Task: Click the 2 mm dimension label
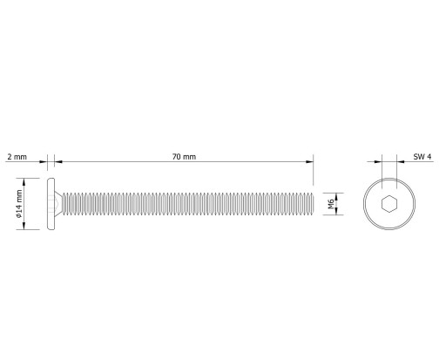tap(17, 157)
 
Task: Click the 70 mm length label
tap(184, 157)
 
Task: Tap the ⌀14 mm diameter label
tap(19, 204)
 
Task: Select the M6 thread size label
tap(331, 204)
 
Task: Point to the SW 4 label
tap(422, 157)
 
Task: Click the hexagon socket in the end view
tap(389, 204)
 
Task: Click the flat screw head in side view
tap(51, 204)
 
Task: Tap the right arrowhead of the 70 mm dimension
tap(309, 162)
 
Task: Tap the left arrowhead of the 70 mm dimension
tap(58, 162)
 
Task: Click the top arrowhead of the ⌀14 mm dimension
tap(24, 182)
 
